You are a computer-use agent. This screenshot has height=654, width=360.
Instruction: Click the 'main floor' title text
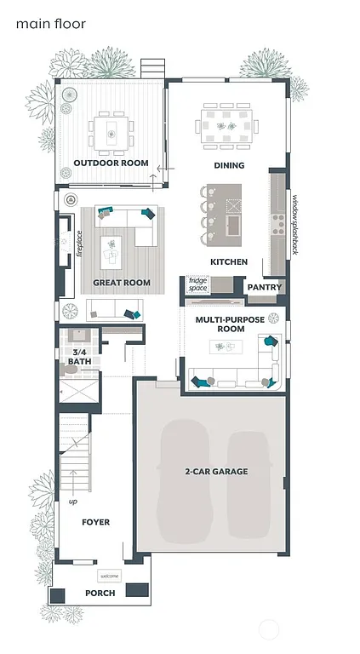tap(50, 25)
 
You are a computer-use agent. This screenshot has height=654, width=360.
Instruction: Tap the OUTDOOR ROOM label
tap(111, 163)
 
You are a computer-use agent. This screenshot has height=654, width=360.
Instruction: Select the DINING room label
tap(229, 165)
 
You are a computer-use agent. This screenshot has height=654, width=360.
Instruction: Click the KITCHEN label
tap(229, 261)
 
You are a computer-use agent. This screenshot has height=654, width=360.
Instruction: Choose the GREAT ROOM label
tap(122, 283)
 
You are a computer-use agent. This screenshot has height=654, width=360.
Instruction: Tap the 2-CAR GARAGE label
tap(216, 471)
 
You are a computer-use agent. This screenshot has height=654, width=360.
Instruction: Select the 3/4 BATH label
tap(79, 357)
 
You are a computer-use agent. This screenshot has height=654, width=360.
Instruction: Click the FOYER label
tap(95, 522)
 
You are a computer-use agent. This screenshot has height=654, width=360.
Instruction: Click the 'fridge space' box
tap(197, 284)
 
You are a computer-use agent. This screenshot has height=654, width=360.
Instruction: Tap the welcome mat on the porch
tap(111, 576)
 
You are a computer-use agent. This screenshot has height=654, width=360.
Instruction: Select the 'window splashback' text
tap(295, 225)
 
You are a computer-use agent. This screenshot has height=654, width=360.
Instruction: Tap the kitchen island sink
tap(233, 223)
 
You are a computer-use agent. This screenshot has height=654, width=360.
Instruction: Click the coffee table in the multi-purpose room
tap(226, 346)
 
